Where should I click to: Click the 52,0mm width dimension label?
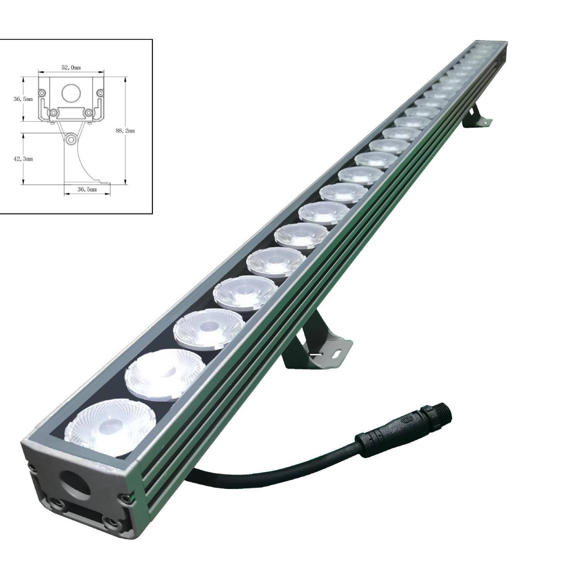click(x=71, y=67)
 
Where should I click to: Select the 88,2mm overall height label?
click(x=125, y=130)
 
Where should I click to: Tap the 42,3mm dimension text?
click(x=23, y=158)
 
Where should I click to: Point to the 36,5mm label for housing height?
click(x=23, y=99)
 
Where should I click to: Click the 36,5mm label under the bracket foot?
click(x=87, y=189)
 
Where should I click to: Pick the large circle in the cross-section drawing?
click(x=71, y=93)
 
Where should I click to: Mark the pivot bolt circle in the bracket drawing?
click(x=71, y=140)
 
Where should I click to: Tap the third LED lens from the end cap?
click(x=209, y=329)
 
